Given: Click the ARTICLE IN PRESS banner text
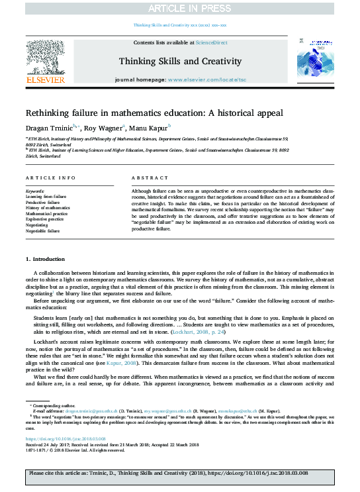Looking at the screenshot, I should [179, 9].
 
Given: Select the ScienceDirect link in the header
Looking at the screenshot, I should [208, 42].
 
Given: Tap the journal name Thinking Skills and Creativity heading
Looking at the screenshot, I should [179, 61].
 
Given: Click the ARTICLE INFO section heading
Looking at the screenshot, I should [50, 179].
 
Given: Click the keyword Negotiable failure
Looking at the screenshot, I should [42, 230].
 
